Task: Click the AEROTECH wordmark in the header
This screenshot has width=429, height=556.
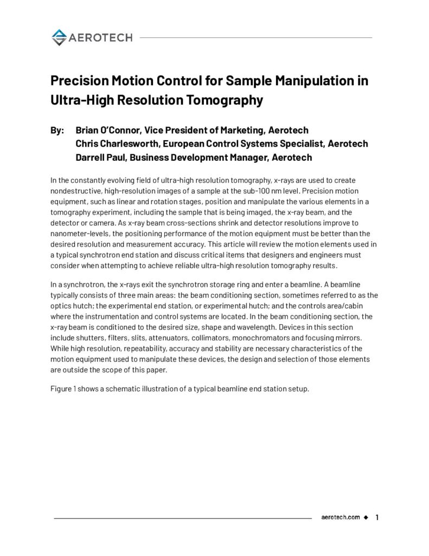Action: (100, 37)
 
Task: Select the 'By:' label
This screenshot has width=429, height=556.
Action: (57, 130)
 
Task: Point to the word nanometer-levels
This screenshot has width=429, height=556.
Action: (80, 233)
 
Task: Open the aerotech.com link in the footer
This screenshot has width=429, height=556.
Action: (340, 517)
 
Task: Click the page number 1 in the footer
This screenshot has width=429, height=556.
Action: (376, 517)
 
